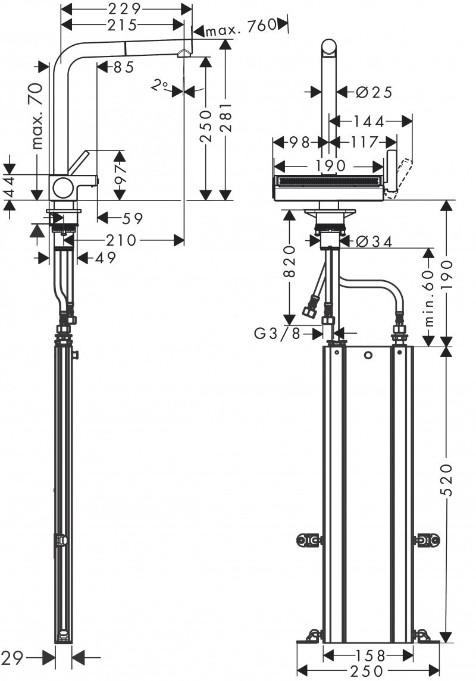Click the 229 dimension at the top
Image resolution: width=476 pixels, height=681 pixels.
pyautogui.click(x=127, y=9)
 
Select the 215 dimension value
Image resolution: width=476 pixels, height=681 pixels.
pyautogui.click(x=123, y=24)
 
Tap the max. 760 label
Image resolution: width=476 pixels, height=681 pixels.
pyautogui.click(x=242, y=25)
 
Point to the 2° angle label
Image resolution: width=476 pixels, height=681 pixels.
pyautogui.click(x=159, y=86)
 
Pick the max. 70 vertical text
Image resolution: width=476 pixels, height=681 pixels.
pyautogui.click(x=37, y=116)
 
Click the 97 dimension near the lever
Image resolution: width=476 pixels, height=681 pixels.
pyautogui.click(x=121, y=172)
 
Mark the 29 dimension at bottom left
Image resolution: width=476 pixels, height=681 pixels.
pyautogui.click(x=14, y=657)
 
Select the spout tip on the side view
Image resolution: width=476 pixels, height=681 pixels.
pyautogui.click(x=183, y=54)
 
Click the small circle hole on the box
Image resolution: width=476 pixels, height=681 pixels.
pyautogui.click(x=368, y=356)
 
